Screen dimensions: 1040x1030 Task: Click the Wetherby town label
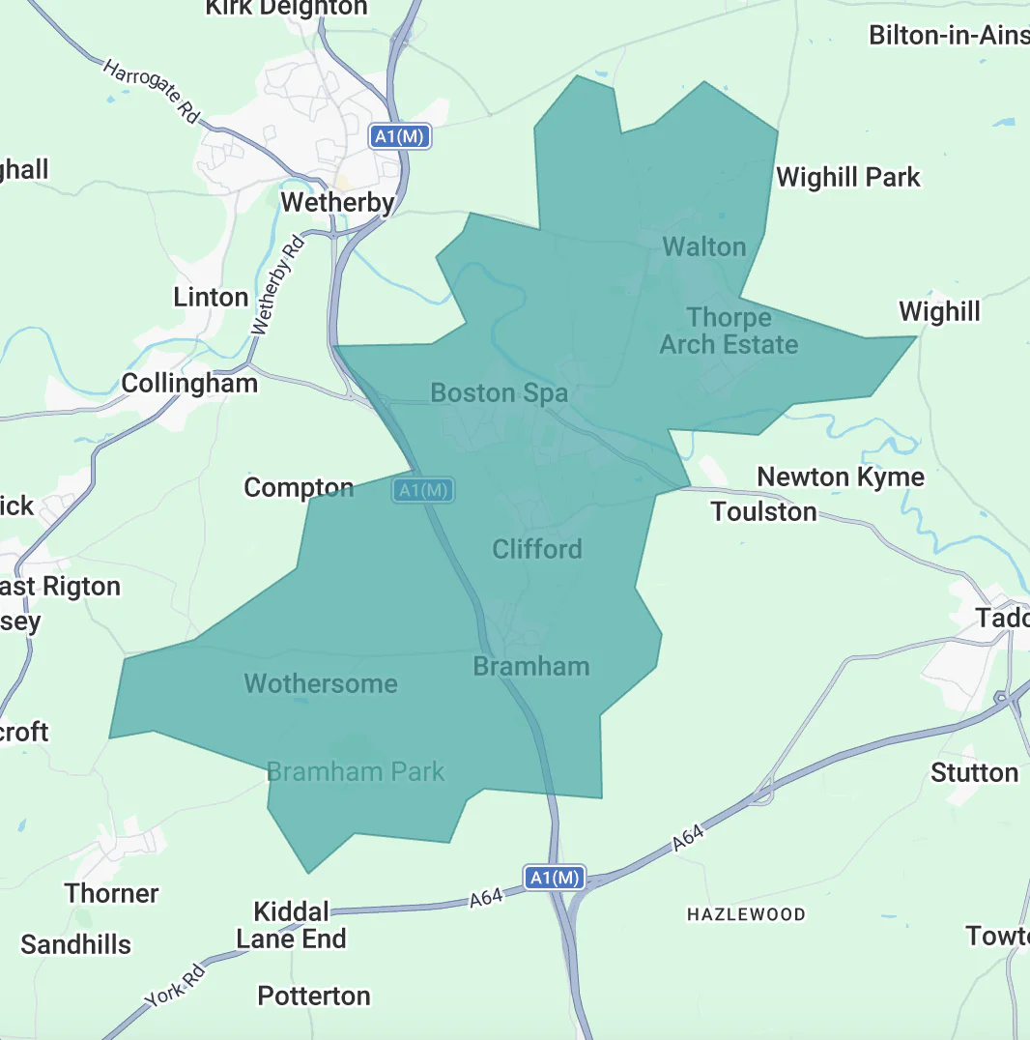[337, 202]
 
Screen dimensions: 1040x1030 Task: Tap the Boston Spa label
[499, 392]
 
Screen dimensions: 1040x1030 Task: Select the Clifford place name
[537, 549]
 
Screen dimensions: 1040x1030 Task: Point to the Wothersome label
[321, 683]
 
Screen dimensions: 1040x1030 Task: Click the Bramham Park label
[356, 771]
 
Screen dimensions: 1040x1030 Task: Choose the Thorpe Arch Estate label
[729, 331]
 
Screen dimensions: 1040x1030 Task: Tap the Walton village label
[704, 246]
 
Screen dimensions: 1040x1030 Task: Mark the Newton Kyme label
[841, 477]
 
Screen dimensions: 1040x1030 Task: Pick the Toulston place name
[763, 511]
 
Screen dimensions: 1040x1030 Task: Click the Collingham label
[189, 383]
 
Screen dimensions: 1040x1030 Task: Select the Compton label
[299, 487]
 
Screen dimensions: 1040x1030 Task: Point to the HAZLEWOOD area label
[746, 913]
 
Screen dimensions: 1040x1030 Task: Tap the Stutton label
[974, 772]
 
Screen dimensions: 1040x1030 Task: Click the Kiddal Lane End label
[291, 925]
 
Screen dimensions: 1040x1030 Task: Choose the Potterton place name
[314, 996]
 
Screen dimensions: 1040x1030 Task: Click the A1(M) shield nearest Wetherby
[400, 136]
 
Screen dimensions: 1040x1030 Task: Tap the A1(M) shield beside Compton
[423, 490]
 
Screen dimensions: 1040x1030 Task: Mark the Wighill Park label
[848, 177]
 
